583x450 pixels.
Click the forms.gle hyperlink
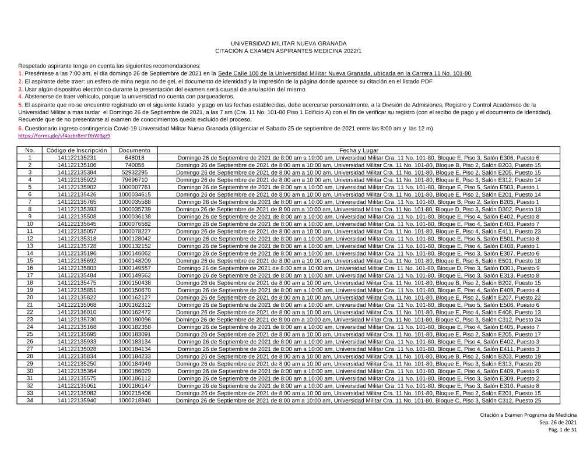click(64, 135)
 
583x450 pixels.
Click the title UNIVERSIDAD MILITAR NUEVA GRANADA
click(289, 44)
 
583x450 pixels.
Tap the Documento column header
click(135, 150)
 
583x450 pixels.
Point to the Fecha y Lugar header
click(359, 150)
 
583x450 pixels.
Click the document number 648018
click(135, 158)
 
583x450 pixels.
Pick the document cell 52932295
click(135, 172)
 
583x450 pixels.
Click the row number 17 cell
click(30, 275)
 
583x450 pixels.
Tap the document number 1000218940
click(135, 400)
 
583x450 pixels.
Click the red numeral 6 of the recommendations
click(20, 128)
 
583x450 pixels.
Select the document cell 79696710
click(135, 180)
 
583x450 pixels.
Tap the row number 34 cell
click(30, 400)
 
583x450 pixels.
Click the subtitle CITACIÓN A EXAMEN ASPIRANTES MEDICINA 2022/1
click(289, 52)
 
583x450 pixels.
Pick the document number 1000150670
click(135, 290)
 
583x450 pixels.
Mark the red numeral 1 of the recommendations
click(20, 74)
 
